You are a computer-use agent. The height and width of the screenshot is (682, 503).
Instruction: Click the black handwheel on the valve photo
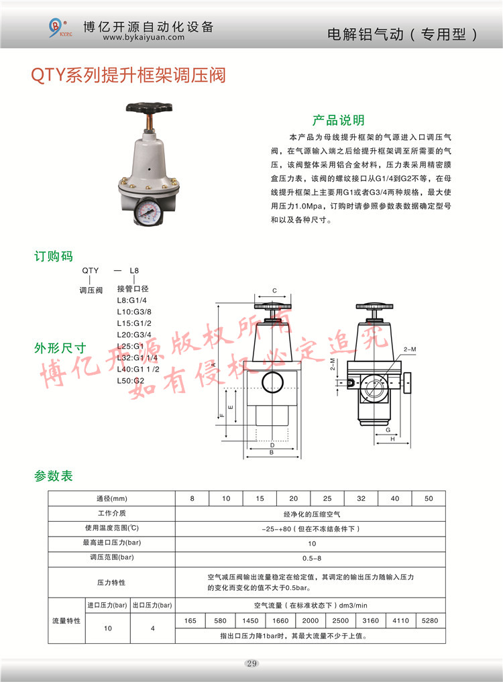[150, 107]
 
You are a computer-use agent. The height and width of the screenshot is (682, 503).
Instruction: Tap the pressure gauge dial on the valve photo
[148, 211]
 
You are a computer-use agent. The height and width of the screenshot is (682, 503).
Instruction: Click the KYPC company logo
[59, 28]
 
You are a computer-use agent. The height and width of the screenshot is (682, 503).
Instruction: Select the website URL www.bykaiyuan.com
[144, 38]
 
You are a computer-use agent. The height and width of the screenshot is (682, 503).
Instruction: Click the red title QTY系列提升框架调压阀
[128, 75]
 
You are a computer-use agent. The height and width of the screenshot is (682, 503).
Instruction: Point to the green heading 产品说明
[338, 120]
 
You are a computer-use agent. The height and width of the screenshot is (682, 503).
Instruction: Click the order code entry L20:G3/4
[134, 335]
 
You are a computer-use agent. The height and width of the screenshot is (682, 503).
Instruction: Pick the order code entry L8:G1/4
[132, 300]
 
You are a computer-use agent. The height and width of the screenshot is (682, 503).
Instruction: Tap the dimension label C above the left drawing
[274, 290]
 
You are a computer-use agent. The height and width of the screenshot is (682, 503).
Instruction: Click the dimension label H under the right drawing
[392, 439]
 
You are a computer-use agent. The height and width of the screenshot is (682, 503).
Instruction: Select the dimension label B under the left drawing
[272, 453]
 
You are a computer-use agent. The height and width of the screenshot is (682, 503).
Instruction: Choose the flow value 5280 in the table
[429, 621]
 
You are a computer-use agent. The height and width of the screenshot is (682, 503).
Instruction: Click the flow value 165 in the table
[190, 621]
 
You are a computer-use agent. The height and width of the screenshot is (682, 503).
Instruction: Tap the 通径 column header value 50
[429, 498]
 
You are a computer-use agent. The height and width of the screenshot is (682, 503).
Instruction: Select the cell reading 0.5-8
[312, 558]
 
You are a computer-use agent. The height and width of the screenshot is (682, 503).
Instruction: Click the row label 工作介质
[112, 513]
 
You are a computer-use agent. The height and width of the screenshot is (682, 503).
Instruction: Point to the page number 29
[251, 663]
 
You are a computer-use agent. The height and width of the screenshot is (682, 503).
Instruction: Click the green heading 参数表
[54, 476]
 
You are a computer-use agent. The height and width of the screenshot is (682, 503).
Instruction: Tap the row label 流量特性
[66, 621]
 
